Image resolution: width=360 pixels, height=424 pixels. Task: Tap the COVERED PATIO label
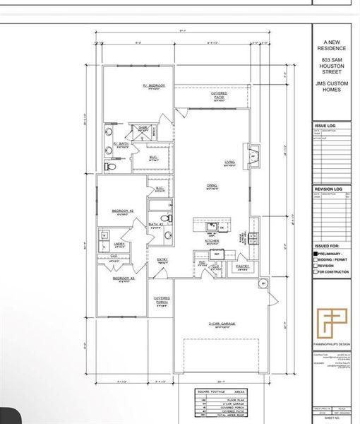click(x=219, y=95)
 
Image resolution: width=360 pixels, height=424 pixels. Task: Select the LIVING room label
click(x=229, y=163)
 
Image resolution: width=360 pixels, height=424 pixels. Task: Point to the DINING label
click(x=211, y=186)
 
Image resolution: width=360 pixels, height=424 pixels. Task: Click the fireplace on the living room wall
click(x=255, y=153)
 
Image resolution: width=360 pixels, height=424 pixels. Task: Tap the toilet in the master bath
click(x=108, y=167)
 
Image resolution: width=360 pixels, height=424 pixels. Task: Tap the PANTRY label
click(x=243, y=266)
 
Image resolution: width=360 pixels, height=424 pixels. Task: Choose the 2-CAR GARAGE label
click(x=221, y=326)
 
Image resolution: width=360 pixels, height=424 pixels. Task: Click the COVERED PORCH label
click(x=162, y=301)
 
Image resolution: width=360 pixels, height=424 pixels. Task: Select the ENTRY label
click(x=162, y=260)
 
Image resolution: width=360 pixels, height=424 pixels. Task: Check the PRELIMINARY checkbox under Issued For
click(x=315, y=253)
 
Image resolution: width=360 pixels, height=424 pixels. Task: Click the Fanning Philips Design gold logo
click(x=331, y=322)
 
